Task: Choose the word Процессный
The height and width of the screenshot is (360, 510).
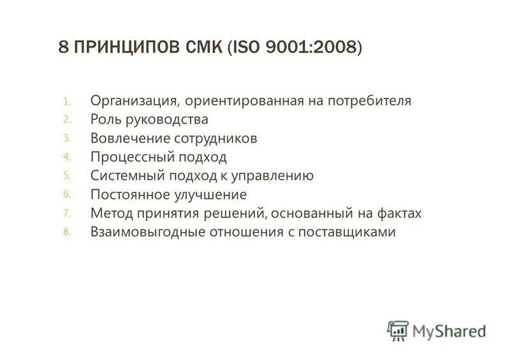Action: point(129,157)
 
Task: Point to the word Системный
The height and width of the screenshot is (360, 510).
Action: point(126,176)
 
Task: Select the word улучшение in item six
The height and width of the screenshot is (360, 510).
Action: point(213,194)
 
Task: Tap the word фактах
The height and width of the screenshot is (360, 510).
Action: point(400,213)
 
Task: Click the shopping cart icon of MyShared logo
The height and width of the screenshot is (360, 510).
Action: point(398,330)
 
